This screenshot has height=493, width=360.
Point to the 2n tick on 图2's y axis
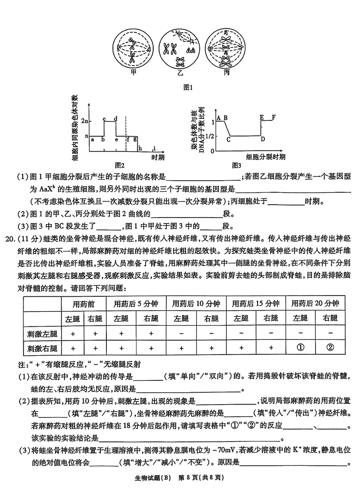coord(84,121)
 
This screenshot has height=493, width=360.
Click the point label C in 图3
coord(228,140)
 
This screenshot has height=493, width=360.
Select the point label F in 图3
coord(274,117)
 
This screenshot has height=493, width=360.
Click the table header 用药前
coord(84,303)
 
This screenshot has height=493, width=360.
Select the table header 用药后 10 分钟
coord(196,303)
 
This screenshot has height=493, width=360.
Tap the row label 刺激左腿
coord(42,333)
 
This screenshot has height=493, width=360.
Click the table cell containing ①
coord(300,347)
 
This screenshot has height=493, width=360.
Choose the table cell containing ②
coord(330,347)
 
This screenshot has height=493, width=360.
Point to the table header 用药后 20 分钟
coord(315,303)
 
